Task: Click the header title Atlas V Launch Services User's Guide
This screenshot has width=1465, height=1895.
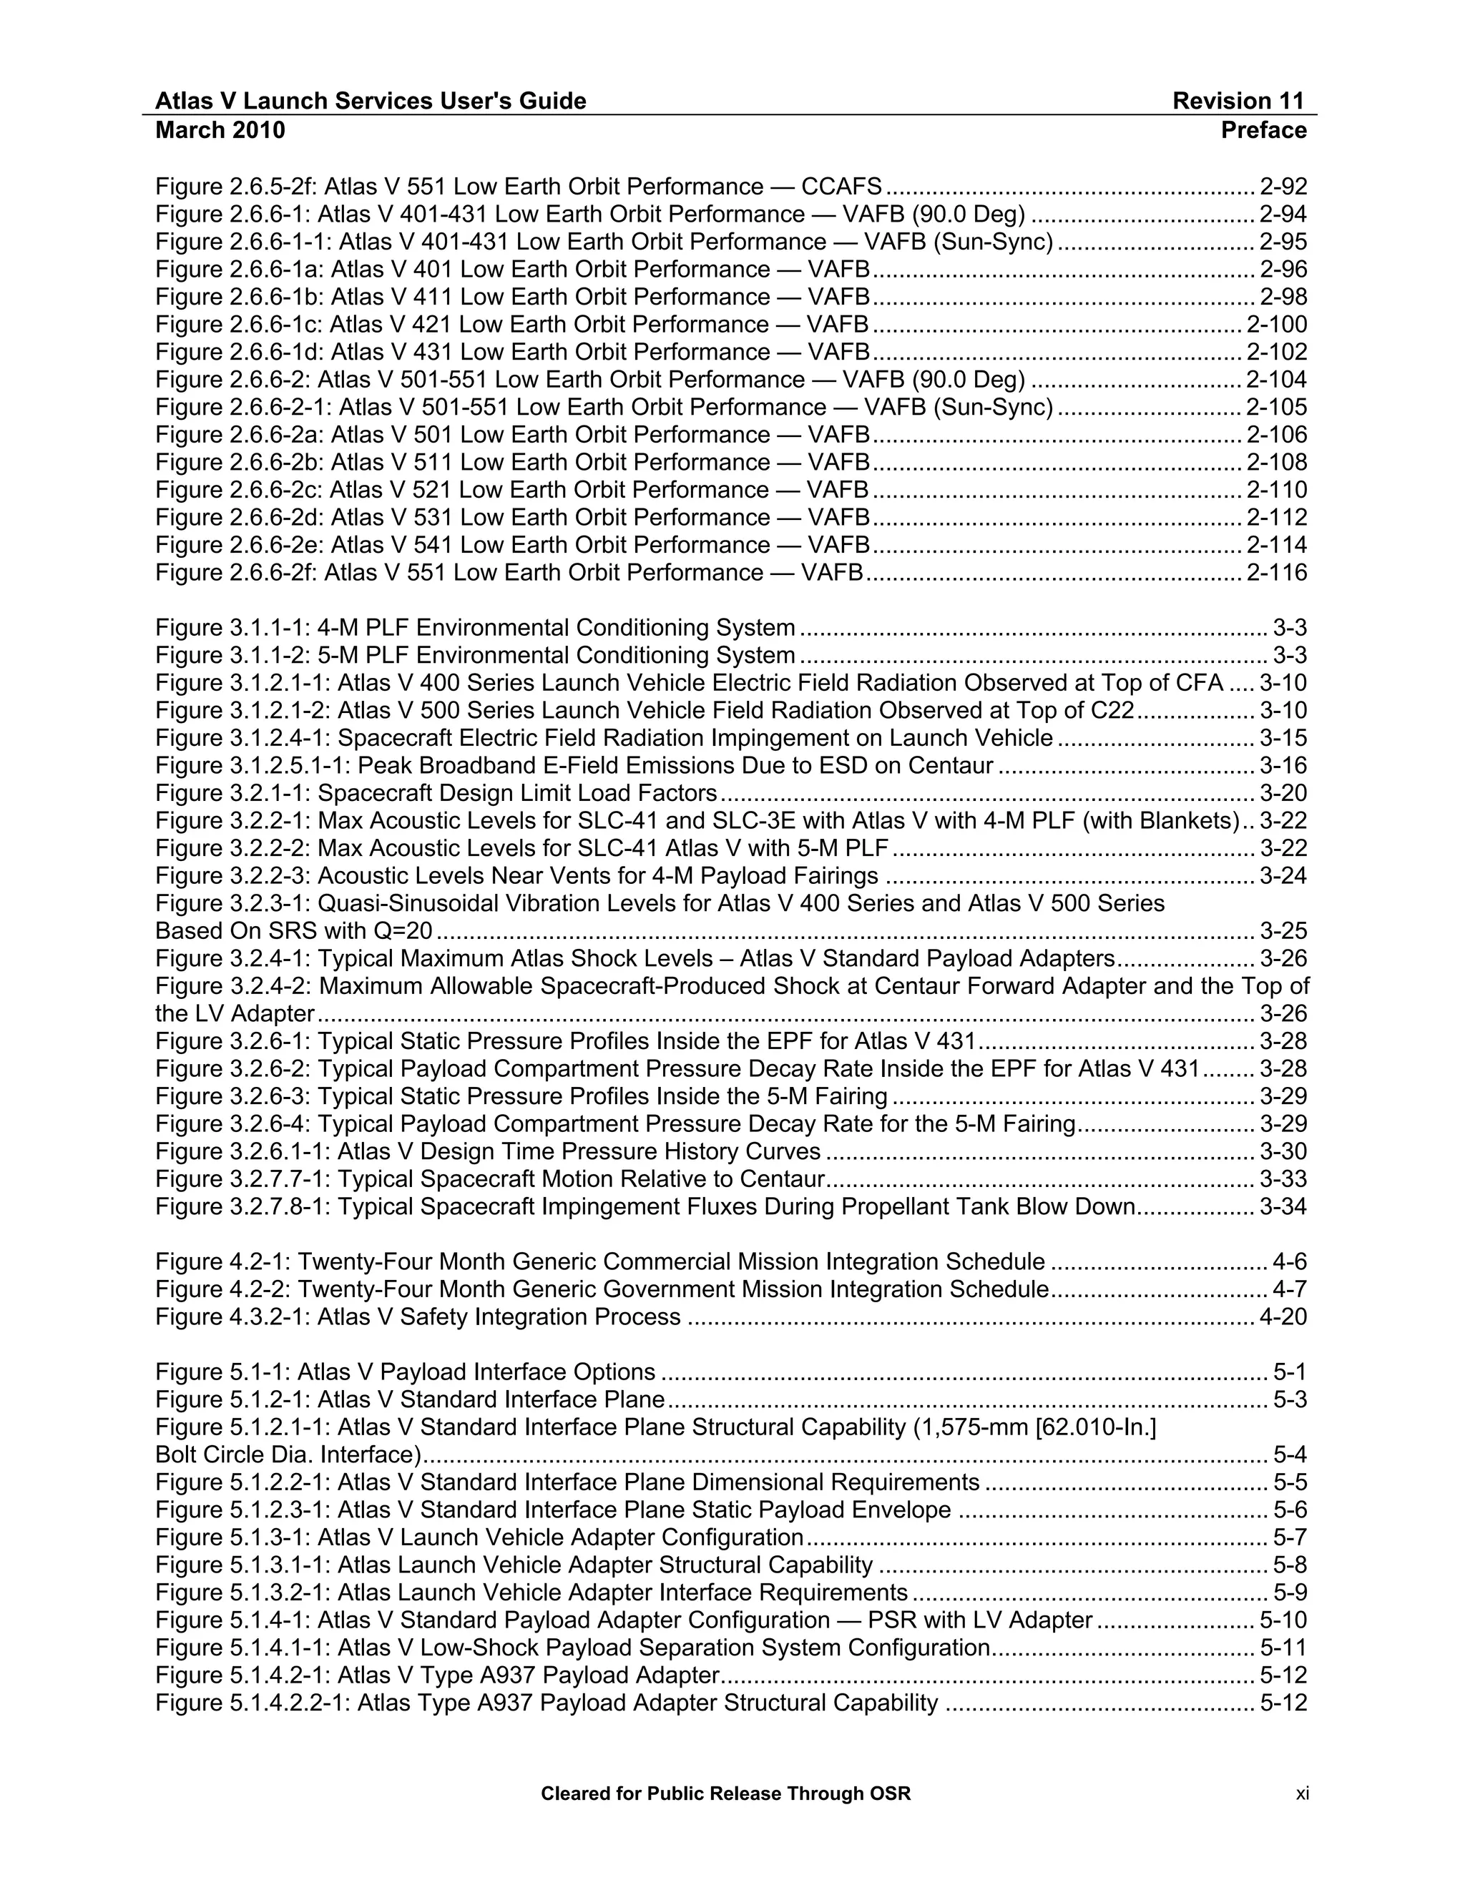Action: tap(371, 102)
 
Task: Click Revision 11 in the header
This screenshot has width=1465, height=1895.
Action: tap(1238, 102)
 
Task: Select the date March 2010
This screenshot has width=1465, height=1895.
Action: tap(220, 130)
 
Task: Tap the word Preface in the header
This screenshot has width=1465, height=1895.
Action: tap(1263, 130)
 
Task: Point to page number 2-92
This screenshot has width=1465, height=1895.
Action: tap(1283, 187)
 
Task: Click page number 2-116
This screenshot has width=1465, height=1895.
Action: tap(1276, 573)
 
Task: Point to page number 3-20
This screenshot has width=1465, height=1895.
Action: tap(1283, 793)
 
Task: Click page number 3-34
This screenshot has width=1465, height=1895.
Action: tap(1283, 1207)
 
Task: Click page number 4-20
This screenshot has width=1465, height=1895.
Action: tap(1283, 1317)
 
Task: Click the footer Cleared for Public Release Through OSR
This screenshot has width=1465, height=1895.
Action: tap(725, 1793)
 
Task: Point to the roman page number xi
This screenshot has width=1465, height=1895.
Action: tap(1302, 1793)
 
